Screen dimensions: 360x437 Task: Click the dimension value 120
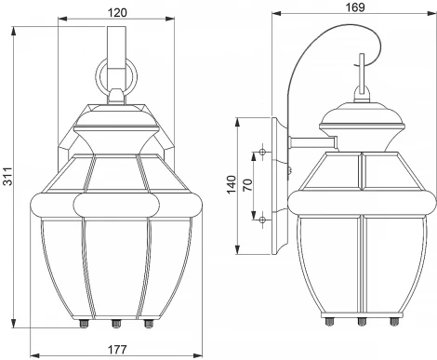pos(117,12)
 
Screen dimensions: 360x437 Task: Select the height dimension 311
pos(8,180)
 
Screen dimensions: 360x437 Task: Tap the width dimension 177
pos(117,351)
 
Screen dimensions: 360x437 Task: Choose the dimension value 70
pos(247,184)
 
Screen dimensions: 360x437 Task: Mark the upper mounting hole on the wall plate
pos(264,152)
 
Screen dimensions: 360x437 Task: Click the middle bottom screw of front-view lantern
pos(117,324)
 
